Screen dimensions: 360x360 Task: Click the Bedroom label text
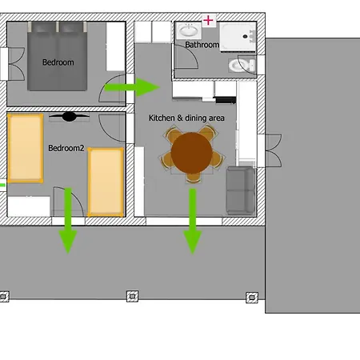[x=58, y=62]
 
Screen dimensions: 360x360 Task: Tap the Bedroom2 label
[x=66, y=148]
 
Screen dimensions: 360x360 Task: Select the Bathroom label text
[x=202, y=45]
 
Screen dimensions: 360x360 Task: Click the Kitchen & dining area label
[x=186, y=118]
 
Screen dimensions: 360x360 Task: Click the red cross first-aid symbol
[x=208, y=20]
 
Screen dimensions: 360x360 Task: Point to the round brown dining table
[x=192, y=153]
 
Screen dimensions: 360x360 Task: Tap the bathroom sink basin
[x=189, y=30]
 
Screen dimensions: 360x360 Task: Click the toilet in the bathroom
[x=242, y=66]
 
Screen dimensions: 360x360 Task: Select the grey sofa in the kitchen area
[x=241, y=190]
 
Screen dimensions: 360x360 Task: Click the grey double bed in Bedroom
[x=57, y=56]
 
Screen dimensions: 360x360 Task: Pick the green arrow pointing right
[x=132, y=87]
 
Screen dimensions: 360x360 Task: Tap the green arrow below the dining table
[x=193, y=222]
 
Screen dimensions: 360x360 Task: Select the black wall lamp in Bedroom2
[x=69, y=117]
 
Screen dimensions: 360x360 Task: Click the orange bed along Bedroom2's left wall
[x=26, y=149]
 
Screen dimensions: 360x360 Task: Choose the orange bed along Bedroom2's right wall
[x=106, y=182]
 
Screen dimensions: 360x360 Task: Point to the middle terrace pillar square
[x=132, y=296]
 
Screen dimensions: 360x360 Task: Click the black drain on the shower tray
[x=246, y=37]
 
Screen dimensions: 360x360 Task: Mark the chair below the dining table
[x=193, y=178]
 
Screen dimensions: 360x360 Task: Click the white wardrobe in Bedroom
[x=116, y=46]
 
